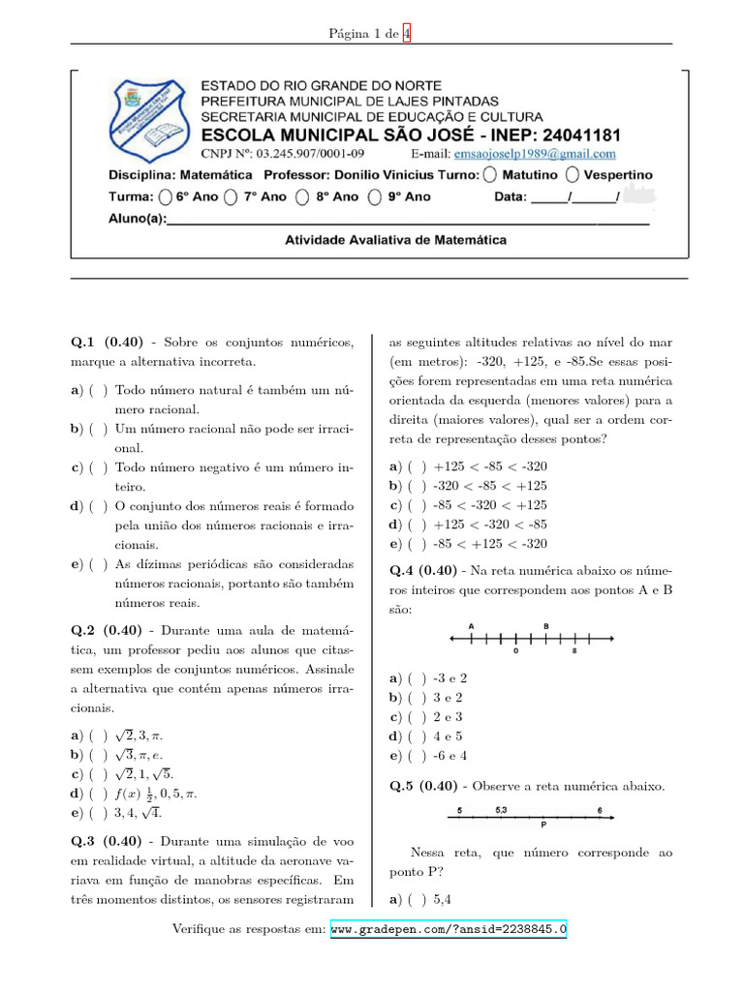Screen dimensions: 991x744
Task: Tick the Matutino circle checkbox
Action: pos(489,175)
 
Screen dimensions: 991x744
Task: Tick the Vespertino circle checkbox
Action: pos(573,175)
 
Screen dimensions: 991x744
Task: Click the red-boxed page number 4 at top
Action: pos(407,33)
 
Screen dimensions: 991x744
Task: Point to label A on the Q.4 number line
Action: pos(471,626)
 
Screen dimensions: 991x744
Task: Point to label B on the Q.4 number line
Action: pos(546,626)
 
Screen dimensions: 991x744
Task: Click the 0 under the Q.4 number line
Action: pos(515,652)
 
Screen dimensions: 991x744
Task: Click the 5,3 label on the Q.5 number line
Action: pos(501,809)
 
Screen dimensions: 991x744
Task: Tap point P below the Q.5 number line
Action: pos(542,826)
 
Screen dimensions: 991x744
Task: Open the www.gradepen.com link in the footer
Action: pos(449,929)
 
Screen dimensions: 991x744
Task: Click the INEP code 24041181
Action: pos(565,135)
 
